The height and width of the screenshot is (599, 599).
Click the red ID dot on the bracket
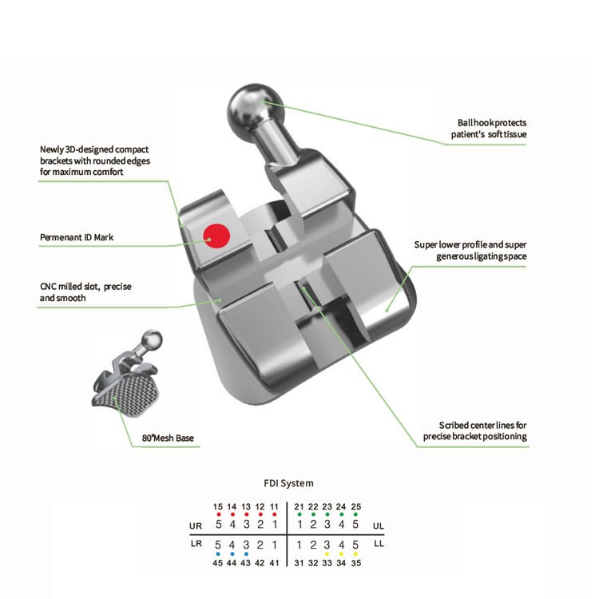(216, 236)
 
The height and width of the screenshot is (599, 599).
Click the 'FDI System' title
(288, 483)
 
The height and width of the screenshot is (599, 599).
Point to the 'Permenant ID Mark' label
(77, 237)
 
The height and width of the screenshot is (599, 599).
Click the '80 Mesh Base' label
(168, 438)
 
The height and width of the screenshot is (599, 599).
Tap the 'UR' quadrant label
(196, 526)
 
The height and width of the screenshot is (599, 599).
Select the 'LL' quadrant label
(379, 543)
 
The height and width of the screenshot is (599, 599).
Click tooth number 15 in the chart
(218, 506)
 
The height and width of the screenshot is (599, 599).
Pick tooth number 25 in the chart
(356, 506)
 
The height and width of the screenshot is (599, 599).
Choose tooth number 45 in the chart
(218, 563)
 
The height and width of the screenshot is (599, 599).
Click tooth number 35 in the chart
(356, 563)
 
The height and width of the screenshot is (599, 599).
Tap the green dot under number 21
(299, 514)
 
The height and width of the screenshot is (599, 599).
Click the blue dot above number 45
(218, 554)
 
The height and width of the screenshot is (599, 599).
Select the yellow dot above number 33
(327, 554)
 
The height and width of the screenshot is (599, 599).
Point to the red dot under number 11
(274, 514)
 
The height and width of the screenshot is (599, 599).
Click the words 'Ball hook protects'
(492, 123)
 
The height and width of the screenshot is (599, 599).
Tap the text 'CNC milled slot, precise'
(85, 287)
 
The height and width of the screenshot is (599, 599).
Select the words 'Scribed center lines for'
(483, 425)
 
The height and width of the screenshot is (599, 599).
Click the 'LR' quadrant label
(196, 543)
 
